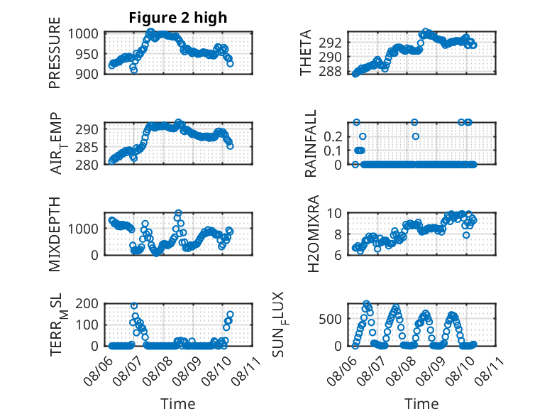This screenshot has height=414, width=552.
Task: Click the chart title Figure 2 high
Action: coord(178,18)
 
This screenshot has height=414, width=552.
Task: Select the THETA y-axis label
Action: coord(306,53)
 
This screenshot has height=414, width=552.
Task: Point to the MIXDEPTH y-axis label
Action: coord(55,234)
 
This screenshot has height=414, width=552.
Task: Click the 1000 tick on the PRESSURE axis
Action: coord(86,33)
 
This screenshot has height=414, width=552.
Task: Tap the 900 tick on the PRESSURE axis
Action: coord(89,73)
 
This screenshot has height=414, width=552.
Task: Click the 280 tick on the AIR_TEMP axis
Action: coord(89,165)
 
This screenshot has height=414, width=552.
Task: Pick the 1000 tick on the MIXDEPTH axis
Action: coord(86,229)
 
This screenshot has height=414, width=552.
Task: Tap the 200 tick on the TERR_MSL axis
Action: coord(89,304)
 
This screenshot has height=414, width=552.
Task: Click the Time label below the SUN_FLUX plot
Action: coord(421,403)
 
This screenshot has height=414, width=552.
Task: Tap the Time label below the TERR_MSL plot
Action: coord(178,403)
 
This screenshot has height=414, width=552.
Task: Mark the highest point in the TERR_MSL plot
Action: coord(134,306)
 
